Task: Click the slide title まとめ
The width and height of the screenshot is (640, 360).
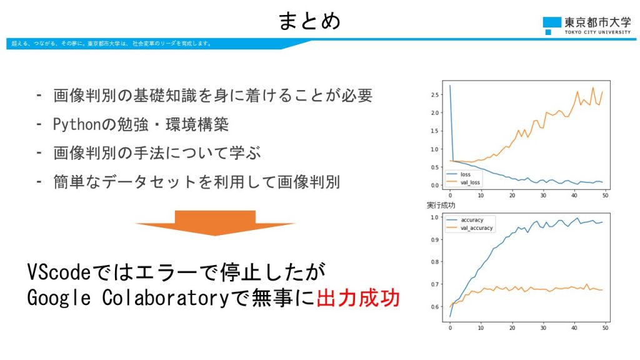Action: click(309, 21)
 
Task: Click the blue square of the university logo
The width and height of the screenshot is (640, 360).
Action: click(552, 22)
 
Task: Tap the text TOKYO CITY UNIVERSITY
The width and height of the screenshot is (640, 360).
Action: click(597, 32)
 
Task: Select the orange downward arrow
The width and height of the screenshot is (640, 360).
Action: click(215, 223)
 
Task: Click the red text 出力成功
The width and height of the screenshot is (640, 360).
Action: click(358, 297)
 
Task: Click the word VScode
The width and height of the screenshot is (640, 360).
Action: click(59, 272)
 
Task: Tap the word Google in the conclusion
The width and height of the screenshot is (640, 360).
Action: click(59, 298)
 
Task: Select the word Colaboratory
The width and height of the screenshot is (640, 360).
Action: click(166, 297)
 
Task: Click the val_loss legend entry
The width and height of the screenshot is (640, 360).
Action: click(464, 182)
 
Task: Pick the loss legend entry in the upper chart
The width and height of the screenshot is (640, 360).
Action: click(459, 174)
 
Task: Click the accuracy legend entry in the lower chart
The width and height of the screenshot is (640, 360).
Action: click(465, 220)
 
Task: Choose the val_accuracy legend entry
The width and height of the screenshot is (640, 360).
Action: click(470, 228)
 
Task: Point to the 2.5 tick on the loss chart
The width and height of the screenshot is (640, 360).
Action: click(435, 95)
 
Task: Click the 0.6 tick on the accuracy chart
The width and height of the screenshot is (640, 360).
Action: click(435, 307)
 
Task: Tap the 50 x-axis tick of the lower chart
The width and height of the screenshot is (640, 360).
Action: click(605, 327)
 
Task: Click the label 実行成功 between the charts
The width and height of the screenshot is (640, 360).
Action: click(441, 205)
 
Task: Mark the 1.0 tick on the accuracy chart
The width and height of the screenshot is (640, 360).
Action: click(435, 217)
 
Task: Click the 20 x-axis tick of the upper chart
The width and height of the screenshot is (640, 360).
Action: click(512, 196)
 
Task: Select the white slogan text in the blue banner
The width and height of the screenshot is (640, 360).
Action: click(111, 44)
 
